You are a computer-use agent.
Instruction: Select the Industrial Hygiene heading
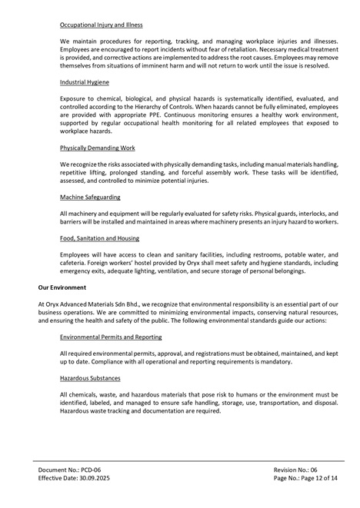click(x=85, y=81)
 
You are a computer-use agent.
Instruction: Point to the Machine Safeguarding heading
click(x=89, y=198)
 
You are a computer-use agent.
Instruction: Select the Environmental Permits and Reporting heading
click(x=115, y=337)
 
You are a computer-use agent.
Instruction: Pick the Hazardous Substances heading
click(x=90, y=377)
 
